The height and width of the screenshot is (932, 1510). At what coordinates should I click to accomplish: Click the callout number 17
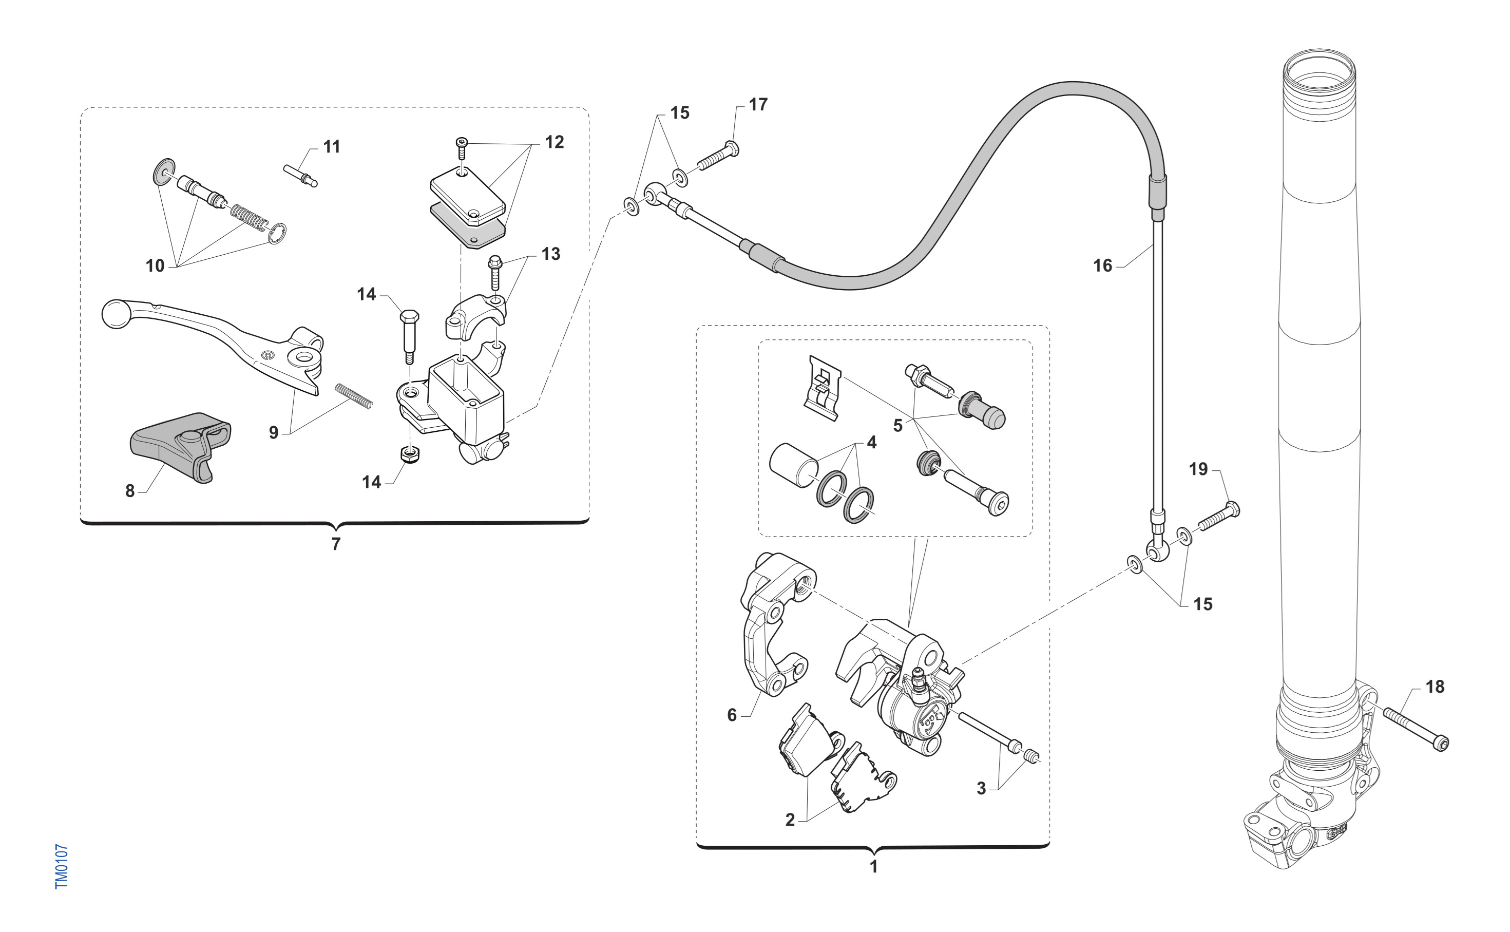tap(758, 105)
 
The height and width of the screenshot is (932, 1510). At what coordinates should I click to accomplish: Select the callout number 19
tap(1198, 469)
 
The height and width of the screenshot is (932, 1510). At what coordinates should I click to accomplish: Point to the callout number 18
tap(1435, 687)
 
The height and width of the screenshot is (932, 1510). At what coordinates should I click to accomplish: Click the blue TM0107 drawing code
tap(62, 866)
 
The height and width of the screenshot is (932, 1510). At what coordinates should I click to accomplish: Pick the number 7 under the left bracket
tap(336, 544)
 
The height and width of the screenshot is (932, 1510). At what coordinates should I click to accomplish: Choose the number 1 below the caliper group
tap(873, 867)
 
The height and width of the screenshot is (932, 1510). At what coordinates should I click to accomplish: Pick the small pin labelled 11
tap(300, 174)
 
